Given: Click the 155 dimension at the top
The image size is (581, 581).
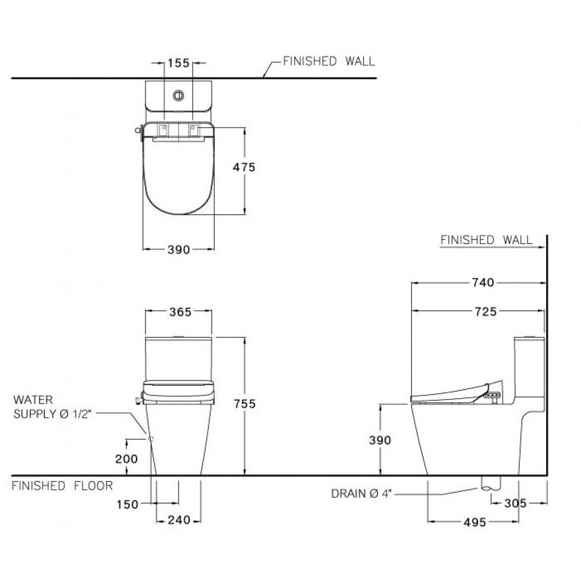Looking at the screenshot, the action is [x=179, y=63].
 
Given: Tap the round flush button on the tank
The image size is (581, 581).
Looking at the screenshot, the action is [x=179, y=95].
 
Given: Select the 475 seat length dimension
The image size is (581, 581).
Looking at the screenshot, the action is [x=244, y=167].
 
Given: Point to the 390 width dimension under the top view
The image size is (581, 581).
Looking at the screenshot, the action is [x=179, y=250].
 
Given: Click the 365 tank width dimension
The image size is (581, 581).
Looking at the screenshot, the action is [x=181, y=312].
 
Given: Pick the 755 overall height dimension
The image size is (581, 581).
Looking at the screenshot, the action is [x=245, y=404].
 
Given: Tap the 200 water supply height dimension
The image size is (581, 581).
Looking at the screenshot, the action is [x=126, y=459].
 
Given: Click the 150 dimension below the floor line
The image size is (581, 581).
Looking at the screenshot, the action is [x=127, y=504].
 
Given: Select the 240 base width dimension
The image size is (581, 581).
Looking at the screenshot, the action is [x=179, y=520].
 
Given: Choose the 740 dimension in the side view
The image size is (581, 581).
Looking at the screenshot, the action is [x=483, y=283].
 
